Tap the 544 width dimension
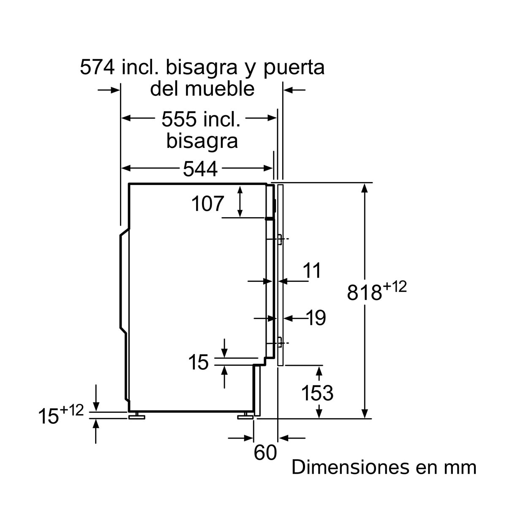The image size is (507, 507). (200, 169)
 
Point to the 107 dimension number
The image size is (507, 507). (207, 204)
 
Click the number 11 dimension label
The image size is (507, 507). (312, 270)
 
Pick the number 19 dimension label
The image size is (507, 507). (316, 318)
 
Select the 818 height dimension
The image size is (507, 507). (364, 292)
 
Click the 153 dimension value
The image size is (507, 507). (317, 393)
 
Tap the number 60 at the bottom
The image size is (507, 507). (265, 453)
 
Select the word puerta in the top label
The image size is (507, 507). (294, 68)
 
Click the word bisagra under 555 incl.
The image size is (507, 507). (202, 141)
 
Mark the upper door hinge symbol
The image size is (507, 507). (280, 239)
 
